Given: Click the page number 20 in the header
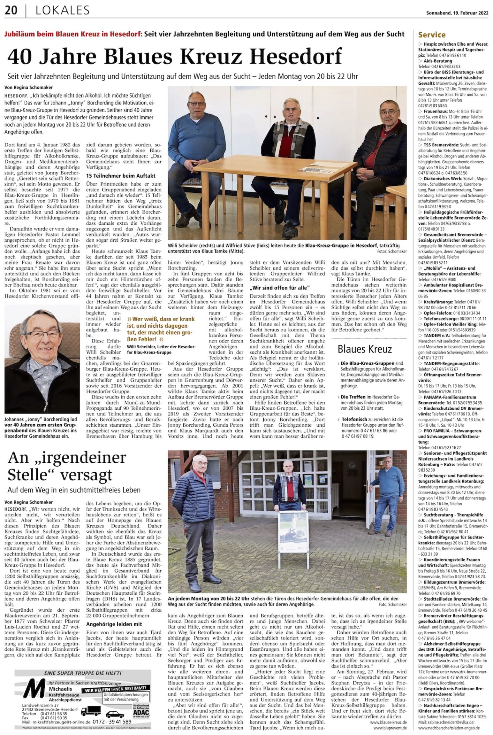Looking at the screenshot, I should click(x=11, y=11).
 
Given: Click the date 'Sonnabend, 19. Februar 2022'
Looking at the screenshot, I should click(x=457, y=13).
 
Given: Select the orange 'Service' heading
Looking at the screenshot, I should click(x=432, y=35).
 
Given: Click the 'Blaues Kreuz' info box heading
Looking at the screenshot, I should click(x=365, y=349).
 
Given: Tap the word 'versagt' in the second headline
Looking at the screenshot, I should click(x=86, y=474).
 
